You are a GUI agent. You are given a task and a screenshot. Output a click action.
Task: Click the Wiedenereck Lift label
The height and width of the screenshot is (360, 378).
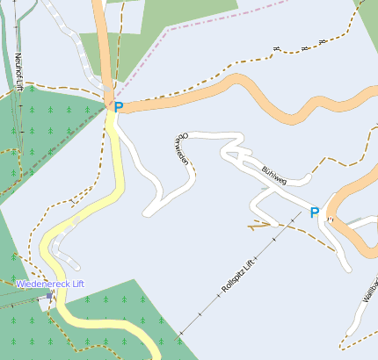50,284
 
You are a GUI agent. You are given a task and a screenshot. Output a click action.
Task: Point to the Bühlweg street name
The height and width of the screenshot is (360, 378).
274,171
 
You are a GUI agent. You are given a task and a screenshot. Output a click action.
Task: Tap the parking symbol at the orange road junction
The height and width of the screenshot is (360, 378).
119,107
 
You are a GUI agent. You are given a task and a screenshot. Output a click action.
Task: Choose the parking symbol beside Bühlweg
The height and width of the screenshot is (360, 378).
315,212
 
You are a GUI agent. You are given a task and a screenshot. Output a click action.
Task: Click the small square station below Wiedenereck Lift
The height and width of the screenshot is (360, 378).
44,305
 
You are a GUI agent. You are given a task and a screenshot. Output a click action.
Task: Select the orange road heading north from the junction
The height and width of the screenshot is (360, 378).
105,44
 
